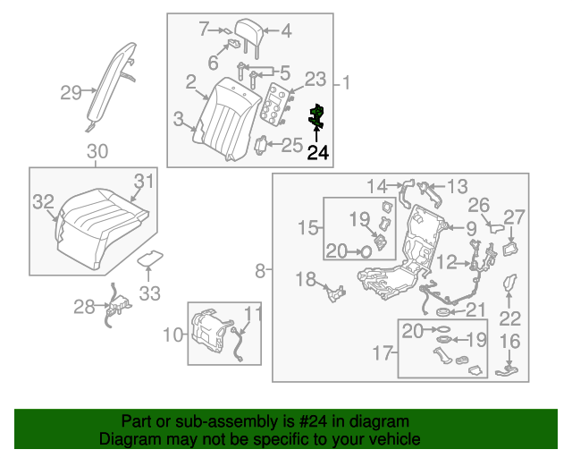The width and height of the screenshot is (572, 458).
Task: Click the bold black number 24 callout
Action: coord(318,153)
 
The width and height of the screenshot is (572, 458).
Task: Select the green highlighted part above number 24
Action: coord(315,114)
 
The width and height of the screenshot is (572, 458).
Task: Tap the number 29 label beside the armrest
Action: coord(71,91)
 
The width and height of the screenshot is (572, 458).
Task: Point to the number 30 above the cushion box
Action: coord(97,151)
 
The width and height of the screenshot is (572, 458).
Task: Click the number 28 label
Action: coord(84,308)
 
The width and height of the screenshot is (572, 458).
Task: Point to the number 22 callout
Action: coord(509,318)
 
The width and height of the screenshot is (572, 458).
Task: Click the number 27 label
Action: coord(515,216)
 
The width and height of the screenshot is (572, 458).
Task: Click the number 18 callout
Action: coord(306,280)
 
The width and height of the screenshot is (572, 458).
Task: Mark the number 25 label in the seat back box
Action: coord(292,145)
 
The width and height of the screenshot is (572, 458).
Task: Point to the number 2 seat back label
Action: coord(190,82)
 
